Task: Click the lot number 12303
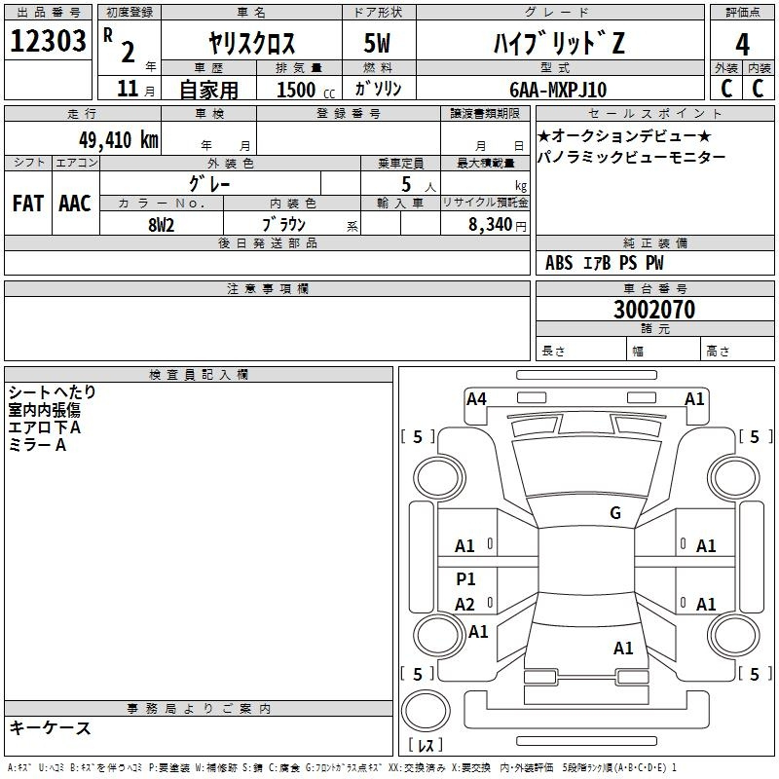(x=48, y=42)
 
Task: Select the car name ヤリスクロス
(x=250, y=44)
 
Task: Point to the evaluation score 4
(x=743, y=45)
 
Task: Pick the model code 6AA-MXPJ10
(x=557, y=90)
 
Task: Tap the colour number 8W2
(x=161, y=224)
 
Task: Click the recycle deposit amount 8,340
(x=484, y=225)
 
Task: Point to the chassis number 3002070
(x=653, y=310)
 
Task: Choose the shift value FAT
(x=27, y=204)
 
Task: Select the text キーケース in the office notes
(x=50, y=727)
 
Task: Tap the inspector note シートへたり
(x=52, y=392)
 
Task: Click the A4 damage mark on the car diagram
(x=476, y=398)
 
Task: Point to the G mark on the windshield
(x=614, y=513)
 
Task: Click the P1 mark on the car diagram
(x=465, y=579)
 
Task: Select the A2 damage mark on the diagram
(x=465, y=605)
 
